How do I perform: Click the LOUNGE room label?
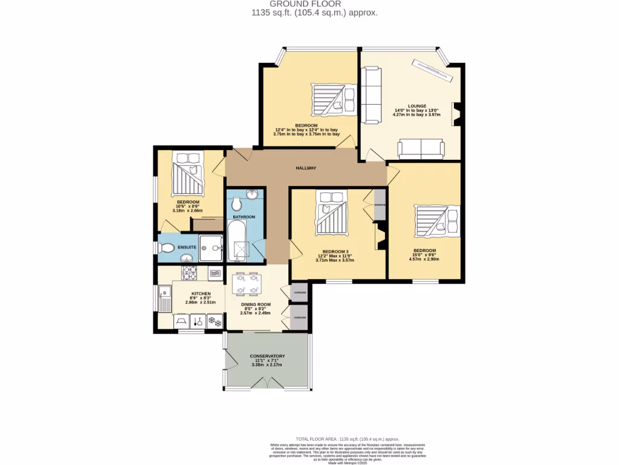point(400,105)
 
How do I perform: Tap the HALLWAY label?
point(306,168)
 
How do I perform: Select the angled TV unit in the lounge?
point(433,70)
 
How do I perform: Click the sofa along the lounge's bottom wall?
point(421,149)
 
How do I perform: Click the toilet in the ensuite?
point(167,248)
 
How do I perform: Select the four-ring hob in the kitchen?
point(190,274)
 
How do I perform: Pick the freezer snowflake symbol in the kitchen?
point(214,322)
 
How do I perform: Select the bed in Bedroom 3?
point(331,213)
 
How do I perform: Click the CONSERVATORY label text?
point(267,356)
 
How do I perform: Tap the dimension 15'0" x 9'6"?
point(425,255)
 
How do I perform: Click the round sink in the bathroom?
point(252,194)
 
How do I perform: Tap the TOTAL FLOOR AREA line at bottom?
point(348,438)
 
